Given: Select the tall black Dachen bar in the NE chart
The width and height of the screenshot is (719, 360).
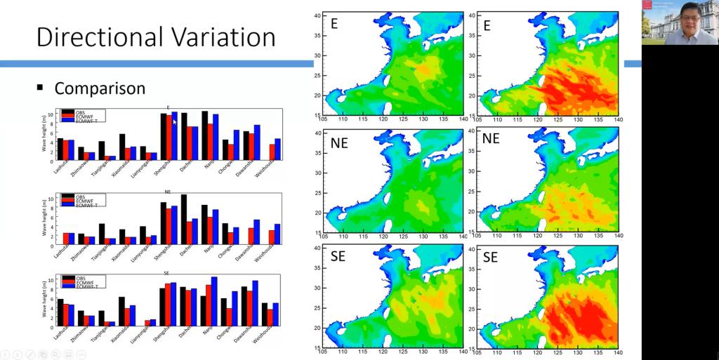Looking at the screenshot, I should click(184, 219).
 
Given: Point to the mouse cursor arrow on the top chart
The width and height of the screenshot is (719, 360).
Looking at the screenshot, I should click(175, 121).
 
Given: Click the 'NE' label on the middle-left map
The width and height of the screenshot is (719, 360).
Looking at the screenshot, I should click(338, 140).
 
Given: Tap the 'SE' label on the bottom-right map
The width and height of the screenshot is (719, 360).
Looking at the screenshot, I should click(491, 257).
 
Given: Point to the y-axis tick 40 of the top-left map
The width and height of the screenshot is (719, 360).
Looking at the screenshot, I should click(317, 15).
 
